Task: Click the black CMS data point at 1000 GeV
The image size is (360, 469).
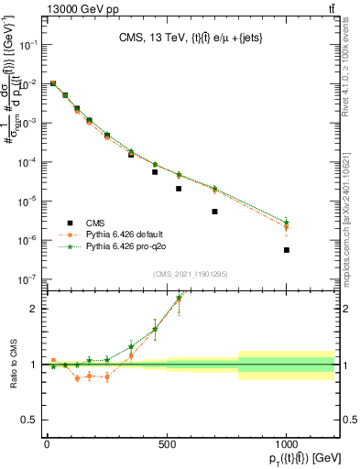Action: pyautogui.click(x=287, y=250)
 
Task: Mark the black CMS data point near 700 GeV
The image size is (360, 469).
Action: pyautogui.click(x=214, y=212)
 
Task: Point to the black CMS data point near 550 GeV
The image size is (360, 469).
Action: pyautogui.click(x=179, y=189)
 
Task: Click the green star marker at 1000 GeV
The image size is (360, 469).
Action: pyautogui.click(x=287, y=223)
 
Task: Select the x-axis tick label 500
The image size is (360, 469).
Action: pyautogui.click(x=167, y=443)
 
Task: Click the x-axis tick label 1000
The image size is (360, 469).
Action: pyautogui.click(x=287, y=443)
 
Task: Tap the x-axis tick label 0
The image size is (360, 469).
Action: pyautogui.click(x=47, y=443)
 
